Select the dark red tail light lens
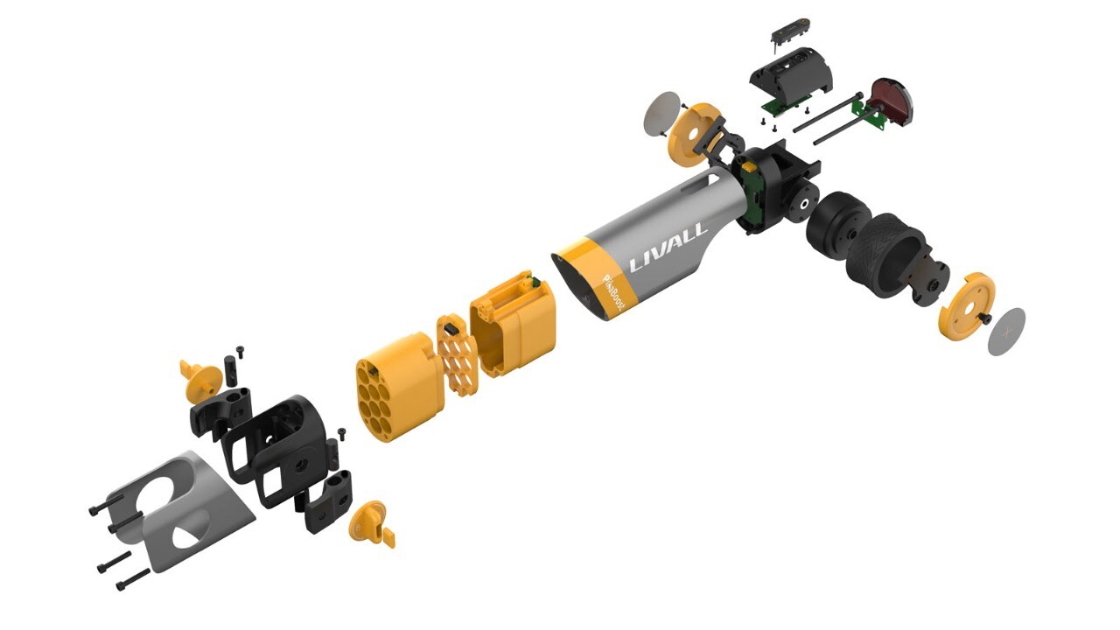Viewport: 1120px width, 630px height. [x=894, y=99]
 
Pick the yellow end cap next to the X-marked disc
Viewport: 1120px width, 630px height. [x=967, y=306]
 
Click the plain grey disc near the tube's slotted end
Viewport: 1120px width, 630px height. [x=662, y=113]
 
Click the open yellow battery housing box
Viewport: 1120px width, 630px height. [x=513, y=325]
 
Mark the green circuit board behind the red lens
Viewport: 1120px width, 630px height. [x=871, y=115]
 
